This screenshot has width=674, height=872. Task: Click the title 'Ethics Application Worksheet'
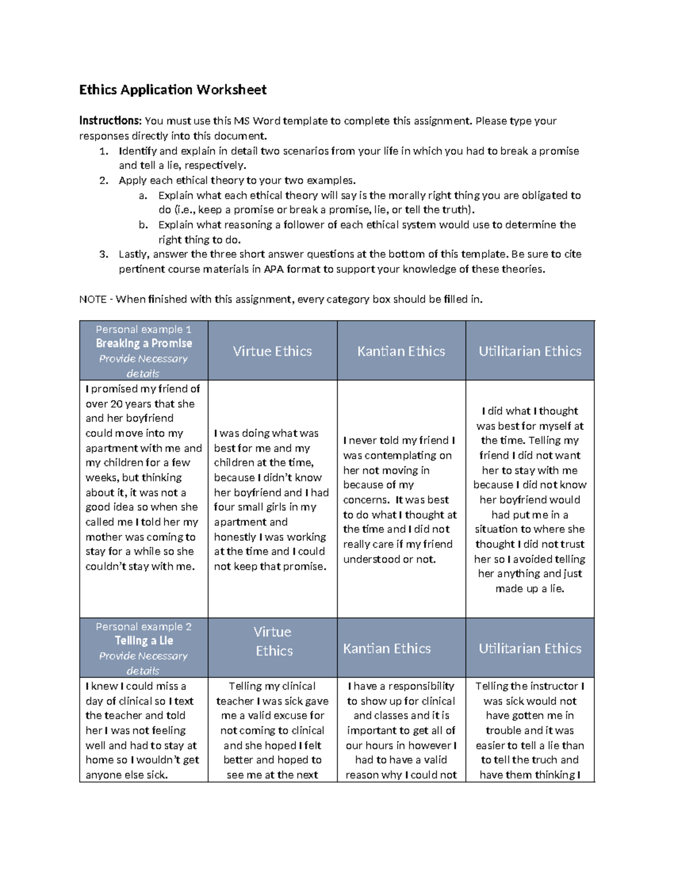(x=172, y=90)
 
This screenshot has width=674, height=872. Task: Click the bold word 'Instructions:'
(x=110, y=121)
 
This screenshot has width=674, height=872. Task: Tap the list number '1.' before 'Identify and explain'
(x=103, y=151)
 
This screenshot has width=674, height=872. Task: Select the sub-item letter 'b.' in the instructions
(x=143, y=225)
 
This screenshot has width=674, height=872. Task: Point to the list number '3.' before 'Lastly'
(x=103, y=254)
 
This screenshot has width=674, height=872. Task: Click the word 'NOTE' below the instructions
(x=93, y=299)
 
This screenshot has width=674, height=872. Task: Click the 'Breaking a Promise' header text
(x=144, y=344)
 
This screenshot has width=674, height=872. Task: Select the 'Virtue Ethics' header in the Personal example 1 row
(x=272, y=351)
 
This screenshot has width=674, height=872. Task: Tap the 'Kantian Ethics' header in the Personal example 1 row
(x=401, y=351)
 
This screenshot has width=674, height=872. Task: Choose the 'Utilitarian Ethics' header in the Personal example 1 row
(x=530, y=351)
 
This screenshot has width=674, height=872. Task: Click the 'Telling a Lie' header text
(x=144, y=641)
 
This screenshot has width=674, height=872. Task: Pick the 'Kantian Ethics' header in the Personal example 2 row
(x=387, y=649)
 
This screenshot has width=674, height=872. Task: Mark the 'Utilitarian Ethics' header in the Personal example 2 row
(x=530, y=649)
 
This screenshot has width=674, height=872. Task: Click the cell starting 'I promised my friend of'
(x=143, y=478)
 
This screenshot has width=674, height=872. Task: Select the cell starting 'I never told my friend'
(x=400, y=500)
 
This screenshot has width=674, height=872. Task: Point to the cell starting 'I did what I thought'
(x=530, y=500)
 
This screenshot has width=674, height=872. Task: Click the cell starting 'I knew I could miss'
(x=143, y=731)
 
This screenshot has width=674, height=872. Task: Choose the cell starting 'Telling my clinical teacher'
(x=272, y=731)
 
